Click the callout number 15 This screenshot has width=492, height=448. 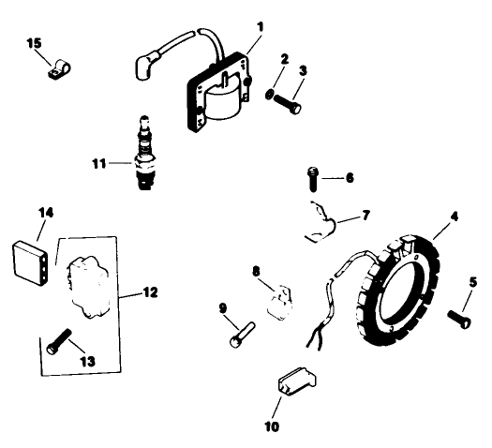(34, 43)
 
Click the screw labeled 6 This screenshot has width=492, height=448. (312, 174)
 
